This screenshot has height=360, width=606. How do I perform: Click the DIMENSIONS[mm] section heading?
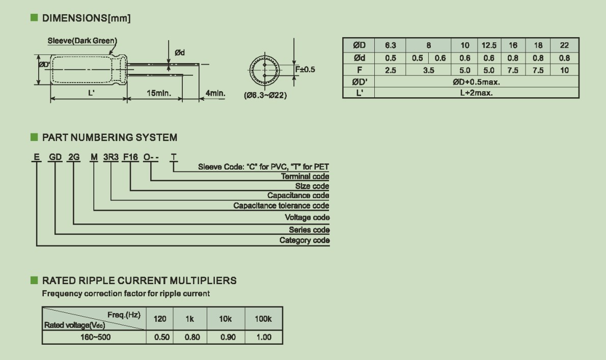point(86,18)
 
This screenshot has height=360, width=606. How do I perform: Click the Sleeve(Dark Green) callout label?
point(82,41)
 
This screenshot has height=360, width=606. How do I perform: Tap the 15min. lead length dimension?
point(159,93)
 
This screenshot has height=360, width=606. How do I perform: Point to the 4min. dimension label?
point(215,93)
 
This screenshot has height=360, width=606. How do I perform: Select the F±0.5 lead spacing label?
point(305,70)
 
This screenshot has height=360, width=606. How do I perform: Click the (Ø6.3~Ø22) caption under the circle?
point(265,95)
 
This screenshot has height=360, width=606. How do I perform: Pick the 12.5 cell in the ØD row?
point(489,45)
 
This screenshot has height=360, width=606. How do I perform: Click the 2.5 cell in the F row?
point(391,70)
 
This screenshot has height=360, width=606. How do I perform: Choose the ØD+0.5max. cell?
point(476,82)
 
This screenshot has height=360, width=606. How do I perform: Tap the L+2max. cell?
point(476,93)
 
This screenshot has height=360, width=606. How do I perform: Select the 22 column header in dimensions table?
point(564,45)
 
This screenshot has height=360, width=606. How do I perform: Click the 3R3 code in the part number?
point(111,157)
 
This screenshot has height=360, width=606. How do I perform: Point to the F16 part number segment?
point(130,157)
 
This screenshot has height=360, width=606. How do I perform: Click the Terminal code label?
point(305,177)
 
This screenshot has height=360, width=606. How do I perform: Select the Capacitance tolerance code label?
point(281,206)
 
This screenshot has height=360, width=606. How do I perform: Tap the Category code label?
point(305,240)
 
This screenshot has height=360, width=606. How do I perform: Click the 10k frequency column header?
point(225,319)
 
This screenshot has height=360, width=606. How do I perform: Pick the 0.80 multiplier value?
point(192,337)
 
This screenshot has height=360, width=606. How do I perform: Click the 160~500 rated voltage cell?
point(95,337)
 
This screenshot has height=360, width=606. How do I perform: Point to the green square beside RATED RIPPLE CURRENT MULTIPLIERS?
point(35,280)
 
